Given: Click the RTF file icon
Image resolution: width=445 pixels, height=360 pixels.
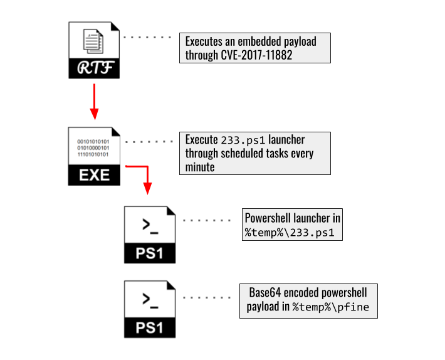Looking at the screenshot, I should [x=93, y=50].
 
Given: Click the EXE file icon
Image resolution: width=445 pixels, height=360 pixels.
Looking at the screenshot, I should [x=93, y=156].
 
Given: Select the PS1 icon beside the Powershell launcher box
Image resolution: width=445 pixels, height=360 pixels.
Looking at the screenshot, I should [x=150, y=233].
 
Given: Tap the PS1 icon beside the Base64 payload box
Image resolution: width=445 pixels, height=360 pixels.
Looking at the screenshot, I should [x=150, y=309].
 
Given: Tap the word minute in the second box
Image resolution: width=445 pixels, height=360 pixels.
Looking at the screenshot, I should [x=200, y=167].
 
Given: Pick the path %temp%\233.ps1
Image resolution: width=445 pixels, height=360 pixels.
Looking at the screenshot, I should [x=289, y=233].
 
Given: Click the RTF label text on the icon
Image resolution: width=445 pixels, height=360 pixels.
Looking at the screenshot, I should [x=93, y=68].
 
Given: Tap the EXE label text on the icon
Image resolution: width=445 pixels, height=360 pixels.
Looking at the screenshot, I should [x=93, y=175].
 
